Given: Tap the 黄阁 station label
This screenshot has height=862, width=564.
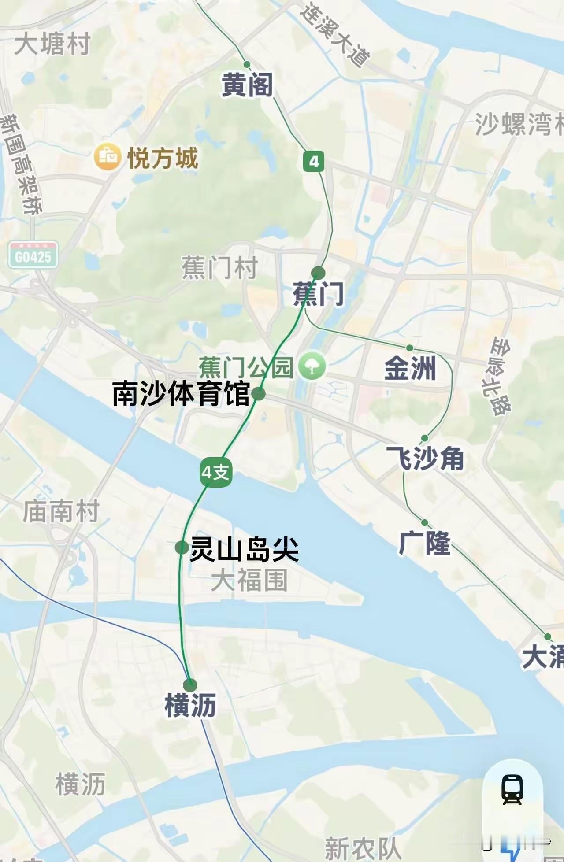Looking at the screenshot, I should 247,85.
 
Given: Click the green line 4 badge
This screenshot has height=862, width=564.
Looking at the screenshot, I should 314,162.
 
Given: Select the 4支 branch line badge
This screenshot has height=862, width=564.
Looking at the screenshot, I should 216,473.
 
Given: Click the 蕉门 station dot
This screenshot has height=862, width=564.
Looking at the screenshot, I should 318,273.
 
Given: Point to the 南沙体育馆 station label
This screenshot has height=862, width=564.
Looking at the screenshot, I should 181,394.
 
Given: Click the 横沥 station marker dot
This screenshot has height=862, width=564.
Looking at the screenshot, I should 190,685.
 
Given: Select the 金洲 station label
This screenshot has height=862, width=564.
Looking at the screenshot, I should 410,368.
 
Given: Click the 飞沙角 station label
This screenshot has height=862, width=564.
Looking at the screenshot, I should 425,459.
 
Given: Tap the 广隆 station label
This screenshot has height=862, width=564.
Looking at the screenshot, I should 424,543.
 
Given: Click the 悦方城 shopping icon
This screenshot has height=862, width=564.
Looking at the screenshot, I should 108,157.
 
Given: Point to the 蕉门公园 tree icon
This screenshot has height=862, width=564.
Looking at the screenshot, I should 312,366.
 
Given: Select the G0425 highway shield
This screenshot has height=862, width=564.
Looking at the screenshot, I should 33,255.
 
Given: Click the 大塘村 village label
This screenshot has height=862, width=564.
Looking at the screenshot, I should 52,44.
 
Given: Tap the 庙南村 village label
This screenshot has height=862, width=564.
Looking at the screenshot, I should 61,511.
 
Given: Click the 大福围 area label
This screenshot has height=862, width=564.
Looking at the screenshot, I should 249,580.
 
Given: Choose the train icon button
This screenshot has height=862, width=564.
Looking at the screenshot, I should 512,790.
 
